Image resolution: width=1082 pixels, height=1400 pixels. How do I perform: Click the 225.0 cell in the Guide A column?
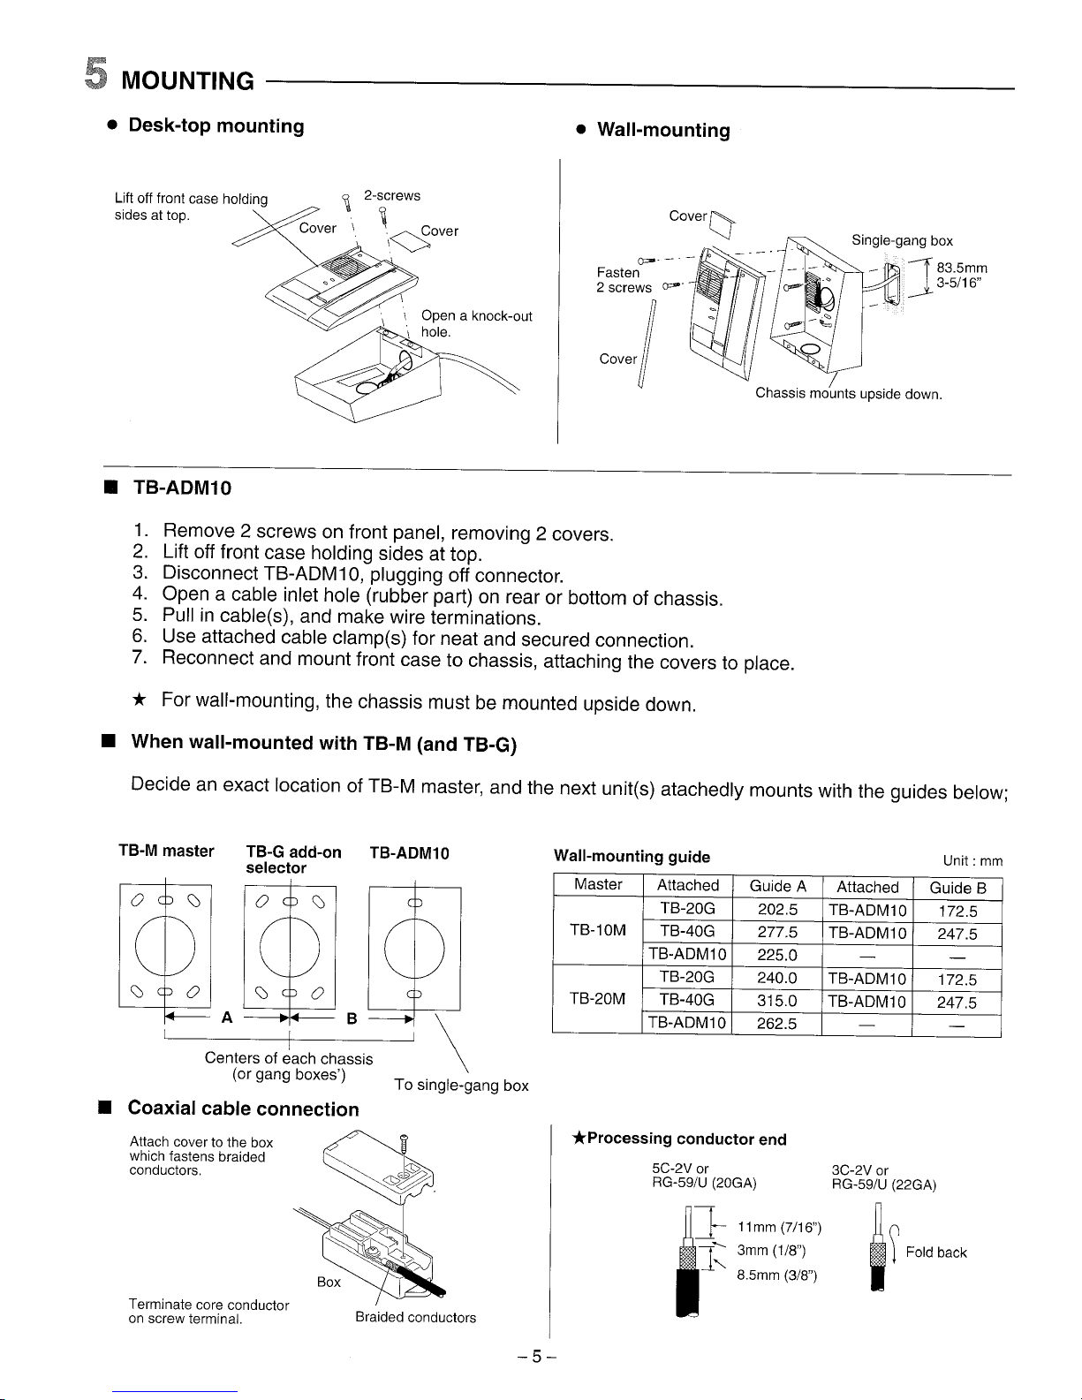(777, 955)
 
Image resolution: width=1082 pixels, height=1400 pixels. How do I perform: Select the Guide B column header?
(957, 888)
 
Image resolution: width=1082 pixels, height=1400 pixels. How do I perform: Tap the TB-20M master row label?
(598, 999)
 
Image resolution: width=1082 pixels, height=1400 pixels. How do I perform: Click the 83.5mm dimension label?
(962, 268)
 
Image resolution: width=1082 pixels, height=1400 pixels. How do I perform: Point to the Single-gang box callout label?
(902, 240)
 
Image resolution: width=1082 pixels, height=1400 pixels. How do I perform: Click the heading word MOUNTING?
(187, 82)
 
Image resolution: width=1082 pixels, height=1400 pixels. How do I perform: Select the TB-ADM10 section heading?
(182, 488)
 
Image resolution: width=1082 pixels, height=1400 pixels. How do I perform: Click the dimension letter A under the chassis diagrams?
(227, 1018)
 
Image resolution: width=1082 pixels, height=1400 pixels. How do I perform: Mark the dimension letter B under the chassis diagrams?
(351, 1018)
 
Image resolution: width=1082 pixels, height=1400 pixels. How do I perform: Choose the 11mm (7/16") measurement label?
(779, 1227)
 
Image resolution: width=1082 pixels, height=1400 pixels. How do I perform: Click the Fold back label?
(935, 1252)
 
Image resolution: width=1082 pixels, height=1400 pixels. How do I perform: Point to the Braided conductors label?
(415, 1318)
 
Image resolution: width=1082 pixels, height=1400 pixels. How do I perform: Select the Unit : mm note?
(972, 861)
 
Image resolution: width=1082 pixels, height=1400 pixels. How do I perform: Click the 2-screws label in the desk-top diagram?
(392, 196)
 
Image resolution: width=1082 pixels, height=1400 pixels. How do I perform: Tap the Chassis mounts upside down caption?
(849, 394)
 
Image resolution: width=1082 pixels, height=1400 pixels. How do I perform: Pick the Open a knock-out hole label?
(475, 324)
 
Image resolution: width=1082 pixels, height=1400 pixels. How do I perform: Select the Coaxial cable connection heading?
(244, 1109)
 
